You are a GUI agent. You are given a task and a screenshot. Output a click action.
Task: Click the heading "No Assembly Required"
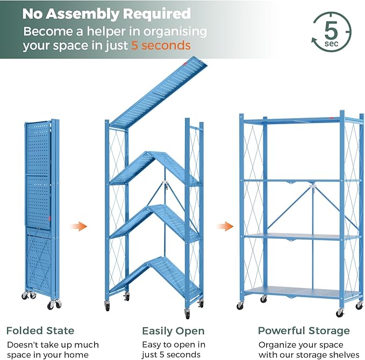106,13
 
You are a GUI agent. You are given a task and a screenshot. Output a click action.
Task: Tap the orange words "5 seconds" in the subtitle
161,46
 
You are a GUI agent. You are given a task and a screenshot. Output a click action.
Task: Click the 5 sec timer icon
331,32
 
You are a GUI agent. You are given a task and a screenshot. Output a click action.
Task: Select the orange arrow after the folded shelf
80,226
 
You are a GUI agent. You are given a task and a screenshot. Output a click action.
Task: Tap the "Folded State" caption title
40,330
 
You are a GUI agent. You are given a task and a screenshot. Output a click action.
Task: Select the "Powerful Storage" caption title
304,330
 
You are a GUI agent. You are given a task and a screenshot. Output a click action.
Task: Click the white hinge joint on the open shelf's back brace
312,189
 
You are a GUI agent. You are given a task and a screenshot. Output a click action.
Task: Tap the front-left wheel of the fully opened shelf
240,305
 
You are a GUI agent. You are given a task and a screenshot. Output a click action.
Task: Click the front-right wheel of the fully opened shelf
340,312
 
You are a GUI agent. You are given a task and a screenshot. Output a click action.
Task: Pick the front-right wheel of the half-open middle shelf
187,313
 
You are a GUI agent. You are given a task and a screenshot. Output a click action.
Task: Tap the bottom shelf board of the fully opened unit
301,291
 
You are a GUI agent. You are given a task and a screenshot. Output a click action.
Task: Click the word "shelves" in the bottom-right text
341,355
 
